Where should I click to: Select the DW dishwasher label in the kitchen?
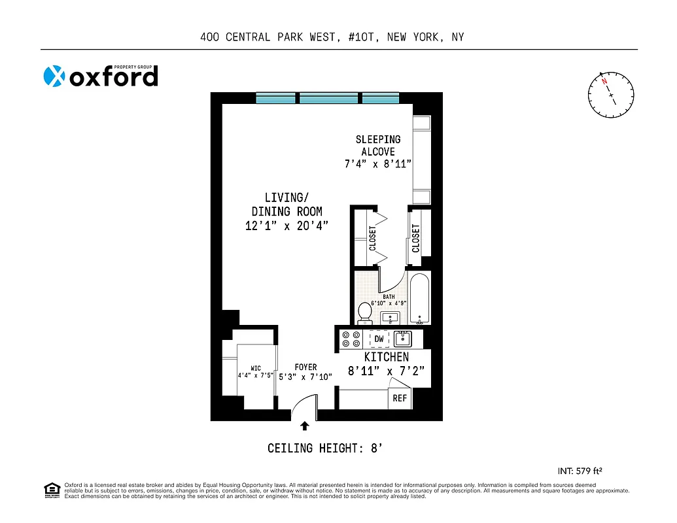coord(379,339)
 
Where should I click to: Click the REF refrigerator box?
coord(399,397)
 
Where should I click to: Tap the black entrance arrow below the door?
coord(304,426)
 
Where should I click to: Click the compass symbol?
coord(611,95)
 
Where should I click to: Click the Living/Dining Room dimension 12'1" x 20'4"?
coord(286,226)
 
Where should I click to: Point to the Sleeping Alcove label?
coord(378,145)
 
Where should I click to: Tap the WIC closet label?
coord(256,368)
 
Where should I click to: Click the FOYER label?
coord(305,367)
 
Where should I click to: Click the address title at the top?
coord(332,37)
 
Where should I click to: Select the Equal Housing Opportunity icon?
coord(51,490)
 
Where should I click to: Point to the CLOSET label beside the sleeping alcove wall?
coord(416,239)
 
